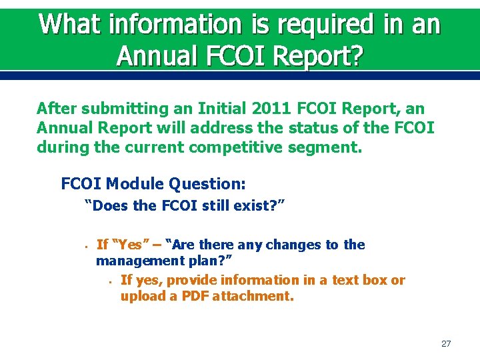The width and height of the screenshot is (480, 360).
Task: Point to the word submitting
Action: (x=119, y=108)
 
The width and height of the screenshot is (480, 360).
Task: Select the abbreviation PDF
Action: (x=193, y=296)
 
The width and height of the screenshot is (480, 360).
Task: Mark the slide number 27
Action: (x=446, y=344)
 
